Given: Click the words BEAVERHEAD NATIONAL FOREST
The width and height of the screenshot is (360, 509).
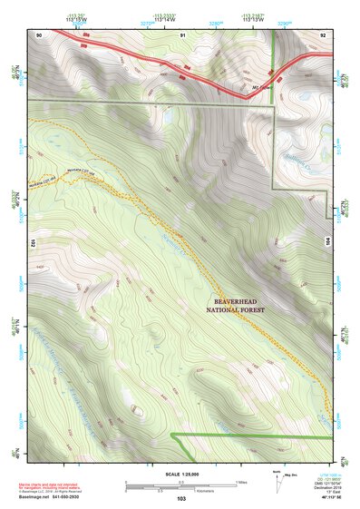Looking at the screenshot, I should [243, 306].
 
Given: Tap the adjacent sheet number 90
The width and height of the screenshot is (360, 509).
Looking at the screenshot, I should [39, 34].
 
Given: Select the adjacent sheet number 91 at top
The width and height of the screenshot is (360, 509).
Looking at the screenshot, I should [182, 34].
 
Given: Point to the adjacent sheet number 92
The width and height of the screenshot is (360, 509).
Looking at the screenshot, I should [322, 34].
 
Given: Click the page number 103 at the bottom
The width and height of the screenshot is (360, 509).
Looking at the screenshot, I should [181, 498].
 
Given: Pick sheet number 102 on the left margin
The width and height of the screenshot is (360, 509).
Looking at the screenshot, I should [32, 243].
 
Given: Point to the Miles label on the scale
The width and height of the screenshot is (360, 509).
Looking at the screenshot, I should [240, 481].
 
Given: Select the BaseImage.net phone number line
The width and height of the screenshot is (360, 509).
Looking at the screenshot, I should [55, 497].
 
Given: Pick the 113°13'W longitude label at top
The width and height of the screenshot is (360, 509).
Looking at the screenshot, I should [253, 20].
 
